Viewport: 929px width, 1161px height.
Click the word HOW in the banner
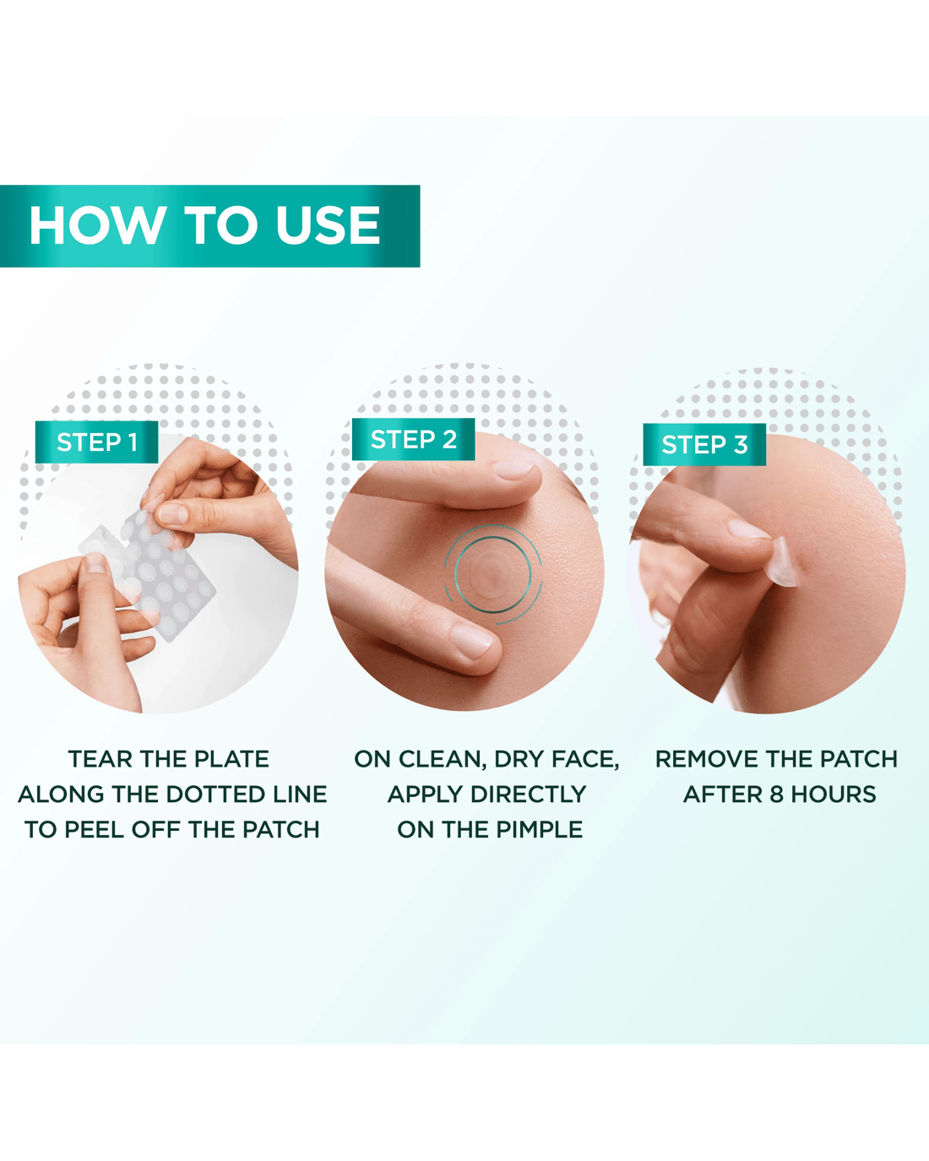pos(97,225)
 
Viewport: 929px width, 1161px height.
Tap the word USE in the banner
pos(329,225)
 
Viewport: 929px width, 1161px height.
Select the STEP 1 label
pos(96,442)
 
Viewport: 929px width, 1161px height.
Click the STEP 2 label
pos(414,440)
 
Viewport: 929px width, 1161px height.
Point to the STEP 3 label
pos(704,444)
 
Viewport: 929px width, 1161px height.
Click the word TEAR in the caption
pos(100,760)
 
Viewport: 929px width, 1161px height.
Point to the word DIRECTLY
pos(528,795)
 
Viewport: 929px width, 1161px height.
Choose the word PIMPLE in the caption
pos(540,830)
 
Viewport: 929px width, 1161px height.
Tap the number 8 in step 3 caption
pos(776,795)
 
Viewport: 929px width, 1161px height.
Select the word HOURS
pos(834,795)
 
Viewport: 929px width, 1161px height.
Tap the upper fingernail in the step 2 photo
pos(516,470)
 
